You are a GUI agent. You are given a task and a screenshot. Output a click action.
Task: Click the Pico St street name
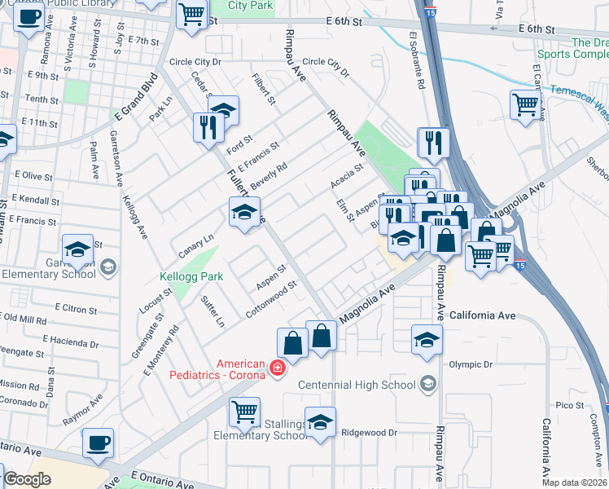pyautogui.click(x=564, y=405)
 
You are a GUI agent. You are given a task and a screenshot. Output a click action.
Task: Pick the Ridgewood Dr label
pyautogui.click(x=368, y=433)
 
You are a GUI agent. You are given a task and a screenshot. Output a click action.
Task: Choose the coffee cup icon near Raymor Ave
pyautogui.click(x=99, y=443)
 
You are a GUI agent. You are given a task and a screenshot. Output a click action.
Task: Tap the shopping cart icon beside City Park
pyautogui.click(x=191, y=14)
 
